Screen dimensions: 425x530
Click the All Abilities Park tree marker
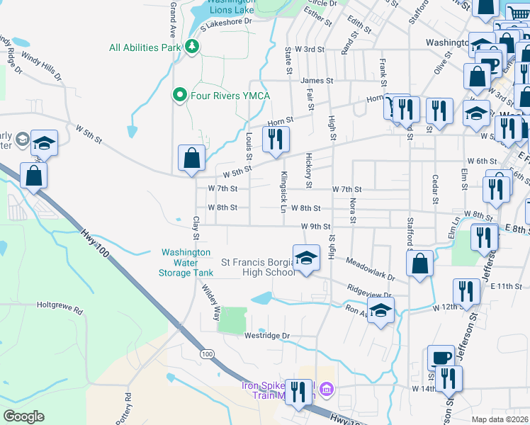191,47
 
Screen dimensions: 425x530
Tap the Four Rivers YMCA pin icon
179,94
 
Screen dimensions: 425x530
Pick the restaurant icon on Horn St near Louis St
276,138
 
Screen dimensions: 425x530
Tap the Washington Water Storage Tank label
186,262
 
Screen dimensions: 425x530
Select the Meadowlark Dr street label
369,270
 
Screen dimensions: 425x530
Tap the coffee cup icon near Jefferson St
441,358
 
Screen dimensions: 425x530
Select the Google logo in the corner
23,416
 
